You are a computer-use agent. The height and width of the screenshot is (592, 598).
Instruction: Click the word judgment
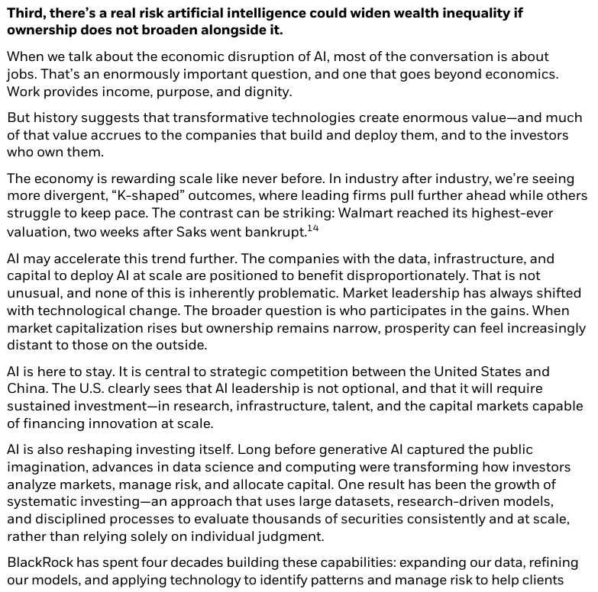pos(294,538)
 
